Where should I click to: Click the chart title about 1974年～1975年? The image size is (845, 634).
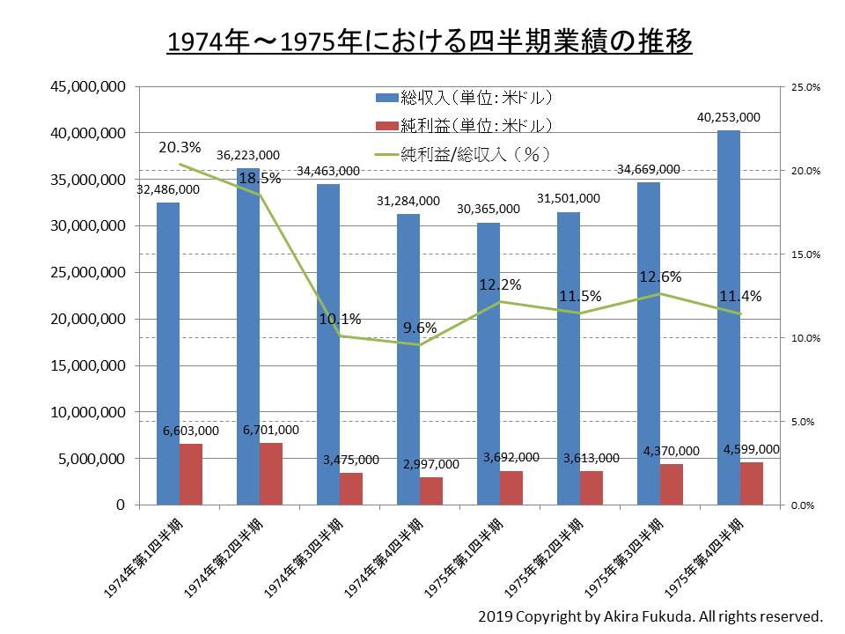(429, 41)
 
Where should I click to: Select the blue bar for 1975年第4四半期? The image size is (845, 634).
(729, 317)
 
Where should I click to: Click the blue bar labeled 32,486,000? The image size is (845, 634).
(168, 352)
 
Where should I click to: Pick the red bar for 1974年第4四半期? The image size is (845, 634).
(431, 490)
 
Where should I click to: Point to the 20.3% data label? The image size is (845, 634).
(180, 147)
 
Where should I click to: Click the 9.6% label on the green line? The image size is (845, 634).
(420, 328)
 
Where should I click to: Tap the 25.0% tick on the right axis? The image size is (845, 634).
(806, 87)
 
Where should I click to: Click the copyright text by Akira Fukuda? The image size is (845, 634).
(650, 615)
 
